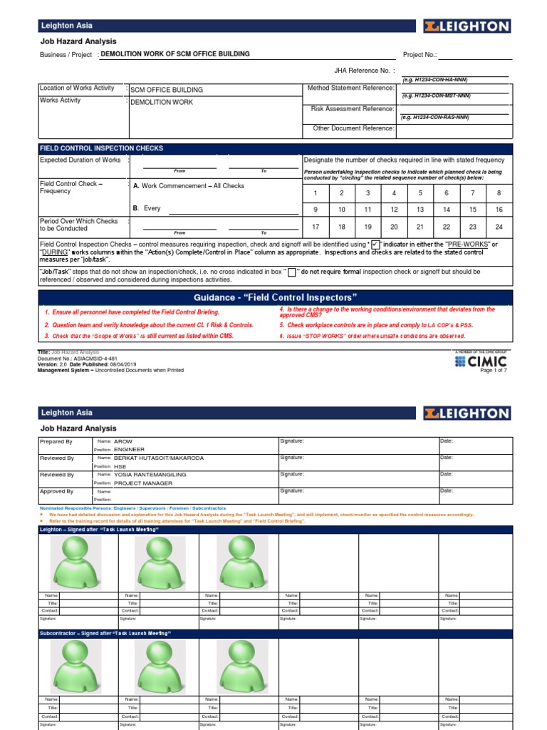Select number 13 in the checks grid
pyautogui.click(x=420, y=210)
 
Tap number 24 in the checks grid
pyautogui.click(x=499, y=227)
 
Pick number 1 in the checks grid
pyautogui.click(x=316, y=192)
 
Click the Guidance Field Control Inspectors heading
pyautogui.click(x=275, y=297)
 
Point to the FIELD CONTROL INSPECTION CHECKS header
pyautogui.click(x=102, y=148)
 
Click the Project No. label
pyautogui.click(x=420, y=54)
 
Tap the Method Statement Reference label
pyautogui.click(x=350, y=88)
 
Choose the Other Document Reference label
pyautogui.click(x=353, y=128)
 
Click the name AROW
pyautogui.click(x=123, y=441)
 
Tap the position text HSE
pyautogui.click(x=120, y=466)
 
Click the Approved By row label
pyautogui.click(x=56, y=491)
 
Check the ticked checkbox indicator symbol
pyautogui.click(x=375, y=245)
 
